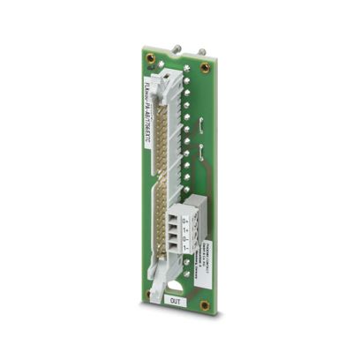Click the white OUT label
pos(177,301)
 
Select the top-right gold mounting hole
pos(206,68)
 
